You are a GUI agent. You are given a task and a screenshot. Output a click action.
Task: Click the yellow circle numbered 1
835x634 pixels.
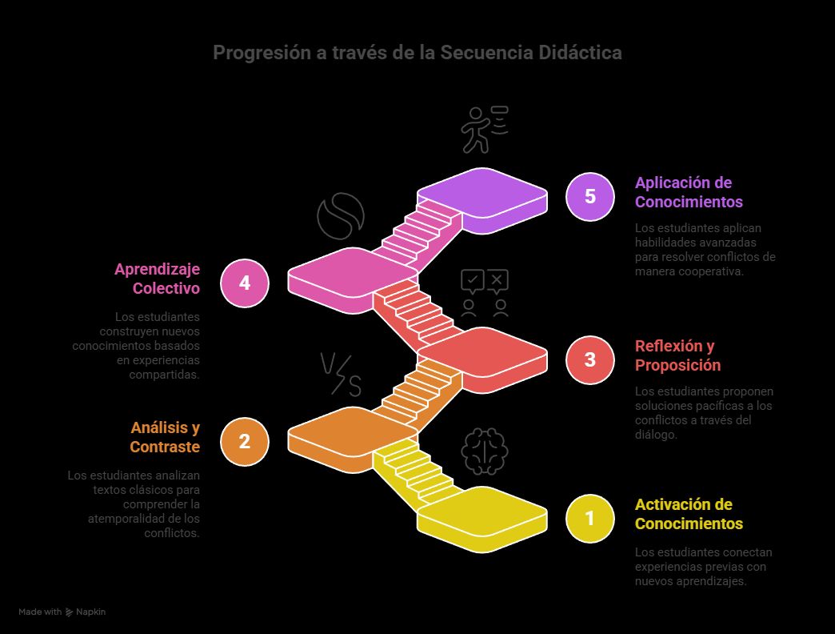point(589,519)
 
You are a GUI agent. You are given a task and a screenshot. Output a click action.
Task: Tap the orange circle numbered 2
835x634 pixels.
point(244,441)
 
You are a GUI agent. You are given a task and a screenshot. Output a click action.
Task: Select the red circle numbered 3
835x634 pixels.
point(589,359)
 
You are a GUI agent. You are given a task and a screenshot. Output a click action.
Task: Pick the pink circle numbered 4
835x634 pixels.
point(244,283)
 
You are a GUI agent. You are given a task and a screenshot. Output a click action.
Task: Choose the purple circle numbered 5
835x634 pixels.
point(589,196)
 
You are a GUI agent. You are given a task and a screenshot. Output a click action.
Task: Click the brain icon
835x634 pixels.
point(485,451)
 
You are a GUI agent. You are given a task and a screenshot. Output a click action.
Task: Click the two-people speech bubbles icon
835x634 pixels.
point(485,293)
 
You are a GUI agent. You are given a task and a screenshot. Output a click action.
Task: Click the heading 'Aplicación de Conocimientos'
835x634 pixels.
point(689,192)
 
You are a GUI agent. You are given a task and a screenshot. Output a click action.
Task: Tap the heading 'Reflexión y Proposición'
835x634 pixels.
point(677,355)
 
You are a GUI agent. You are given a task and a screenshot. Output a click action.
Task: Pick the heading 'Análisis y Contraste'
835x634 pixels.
point(165,437)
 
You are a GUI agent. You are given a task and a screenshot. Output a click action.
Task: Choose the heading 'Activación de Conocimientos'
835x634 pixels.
point(689,514)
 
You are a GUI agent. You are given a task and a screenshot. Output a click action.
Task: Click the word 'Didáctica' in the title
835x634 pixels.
point(580,53)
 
